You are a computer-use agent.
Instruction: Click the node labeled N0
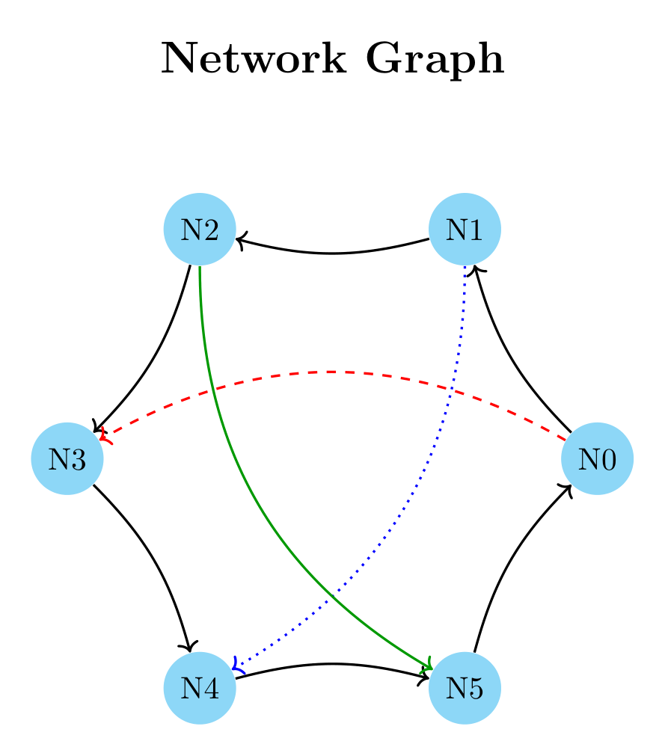click(597, 458)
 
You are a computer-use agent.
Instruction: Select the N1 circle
click(465, 229)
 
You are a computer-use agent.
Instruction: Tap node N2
click(200, 229)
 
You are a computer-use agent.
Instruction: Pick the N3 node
click(67, 458)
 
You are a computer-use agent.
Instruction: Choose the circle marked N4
click(200, 688)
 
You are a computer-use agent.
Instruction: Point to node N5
click(465, 688)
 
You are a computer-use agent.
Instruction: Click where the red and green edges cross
click(213, 389)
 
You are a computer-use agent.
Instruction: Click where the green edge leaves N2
click(200, 265)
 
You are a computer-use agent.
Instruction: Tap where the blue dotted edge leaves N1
click(465, 265)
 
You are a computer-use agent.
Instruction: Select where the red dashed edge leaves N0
click(566, 440)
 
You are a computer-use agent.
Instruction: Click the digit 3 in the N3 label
click(76, 459)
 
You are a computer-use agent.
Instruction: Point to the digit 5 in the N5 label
click(474, 689)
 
